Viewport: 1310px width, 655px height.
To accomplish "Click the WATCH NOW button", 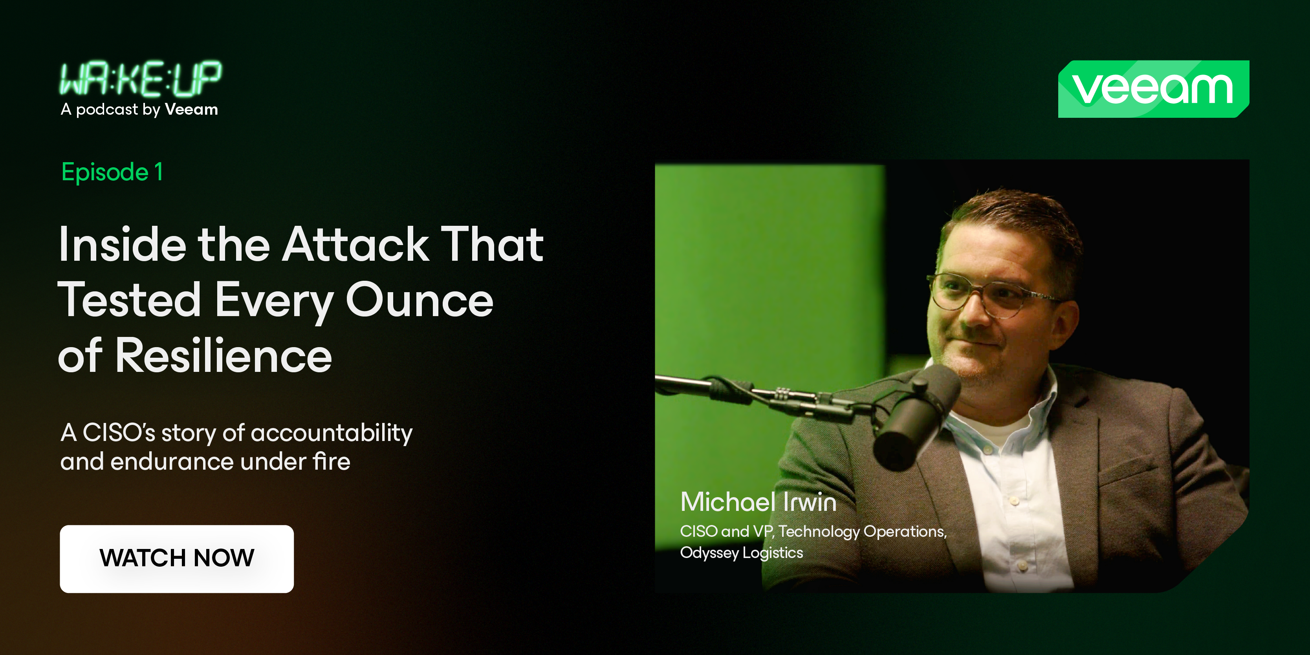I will (176, 558).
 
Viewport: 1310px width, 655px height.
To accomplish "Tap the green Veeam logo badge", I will (1153, 89).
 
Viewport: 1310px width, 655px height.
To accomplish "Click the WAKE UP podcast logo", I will (140, 79).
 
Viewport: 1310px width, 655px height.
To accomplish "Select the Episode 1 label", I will (112, 172).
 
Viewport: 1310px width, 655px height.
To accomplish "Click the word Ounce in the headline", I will (420, 300).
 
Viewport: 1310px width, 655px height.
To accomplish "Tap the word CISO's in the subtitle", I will (119, 433).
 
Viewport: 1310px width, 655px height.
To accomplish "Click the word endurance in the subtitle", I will (172, 462).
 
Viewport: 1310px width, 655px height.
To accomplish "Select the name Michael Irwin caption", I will (758, 502).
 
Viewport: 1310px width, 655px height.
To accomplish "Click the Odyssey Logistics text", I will (742, 553).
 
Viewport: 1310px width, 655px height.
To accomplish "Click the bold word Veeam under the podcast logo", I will (191, 109).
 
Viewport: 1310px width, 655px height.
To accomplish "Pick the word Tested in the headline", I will (129, 300).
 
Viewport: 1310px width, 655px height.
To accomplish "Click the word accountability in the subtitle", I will (331, 433).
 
